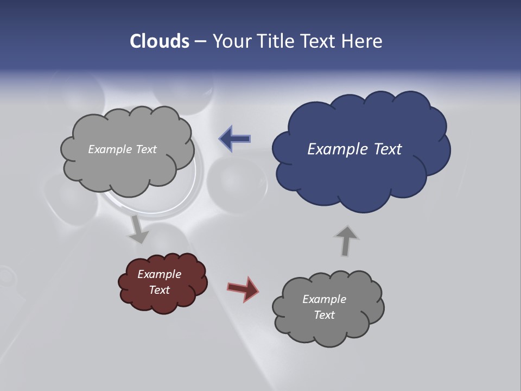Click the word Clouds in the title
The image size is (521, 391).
click(x=160, y=41)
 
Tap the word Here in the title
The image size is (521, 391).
click(x=362, y=41)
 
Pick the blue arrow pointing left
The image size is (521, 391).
click(x=235, y=139)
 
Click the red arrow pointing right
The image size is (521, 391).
click(x=243, y=288)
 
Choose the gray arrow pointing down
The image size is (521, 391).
click(x=138, y=229)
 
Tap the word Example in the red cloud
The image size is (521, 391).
click(x=160, y=274)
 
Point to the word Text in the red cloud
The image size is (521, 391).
click(x=160, y=290)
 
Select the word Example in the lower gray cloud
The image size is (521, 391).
click(x=324, y=299)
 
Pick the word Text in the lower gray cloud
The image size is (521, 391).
click(x=324, y=315)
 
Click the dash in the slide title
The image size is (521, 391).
click(x=200, y=42)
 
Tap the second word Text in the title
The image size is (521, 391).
click(x=321, y=41)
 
